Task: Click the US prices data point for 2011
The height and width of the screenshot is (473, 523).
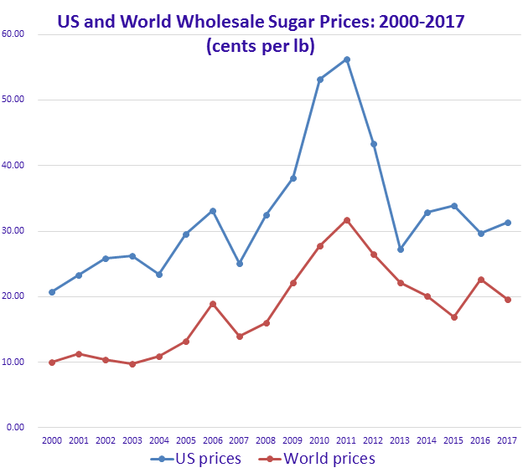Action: coord(347,59)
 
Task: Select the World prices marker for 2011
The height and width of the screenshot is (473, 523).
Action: coord(347,220)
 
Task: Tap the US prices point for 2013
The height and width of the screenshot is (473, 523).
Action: coord(401,249)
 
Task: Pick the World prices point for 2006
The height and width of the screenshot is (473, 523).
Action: coord(213,304)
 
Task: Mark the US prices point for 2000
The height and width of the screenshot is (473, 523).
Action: coord(52,292)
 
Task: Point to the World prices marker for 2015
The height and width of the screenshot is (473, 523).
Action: coord(454,317)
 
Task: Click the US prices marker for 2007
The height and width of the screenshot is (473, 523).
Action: coord(240,264)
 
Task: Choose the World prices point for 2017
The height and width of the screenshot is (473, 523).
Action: coord(508,300)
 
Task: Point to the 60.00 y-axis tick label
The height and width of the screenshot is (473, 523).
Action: coord(14,34)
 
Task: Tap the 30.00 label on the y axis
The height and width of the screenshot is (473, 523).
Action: coord(14,231)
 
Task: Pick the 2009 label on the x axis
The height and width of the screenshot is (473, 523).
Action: coord(293,440)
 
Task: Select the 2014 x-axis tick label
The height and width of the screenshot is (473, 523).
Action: coord(427,440)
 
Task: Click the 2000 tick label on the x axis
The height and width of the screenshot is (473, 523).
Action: coord(52,440)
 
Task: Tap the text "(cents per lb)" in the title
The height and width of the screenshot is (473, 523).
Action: coord(260,46)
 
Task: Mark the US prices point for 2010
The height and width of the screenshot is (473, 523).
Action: coord(320,80)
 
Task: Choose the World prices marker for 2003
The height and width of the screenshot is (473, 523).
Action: coord(132,364)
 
